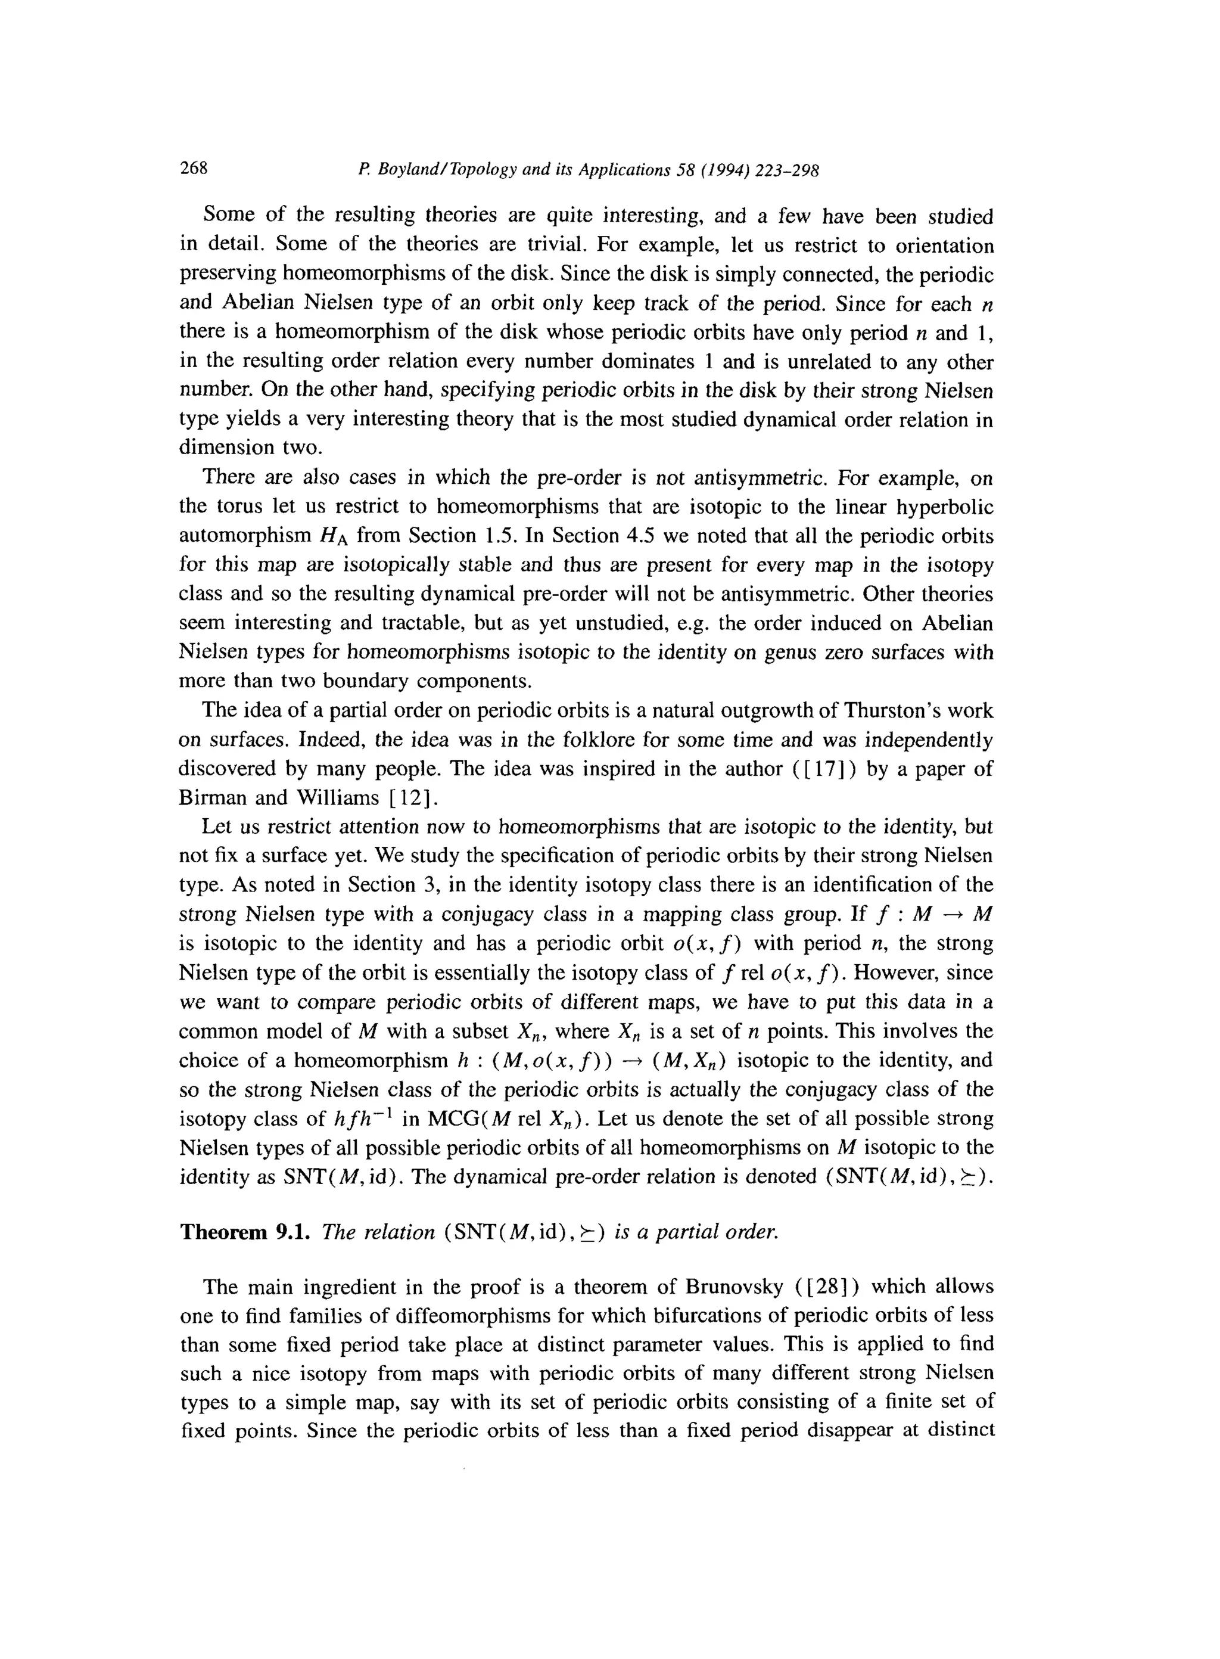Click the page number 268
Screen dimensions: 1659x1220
coord(194,169)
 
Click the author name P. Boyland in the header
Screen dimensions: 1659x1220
coord(397,170)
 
